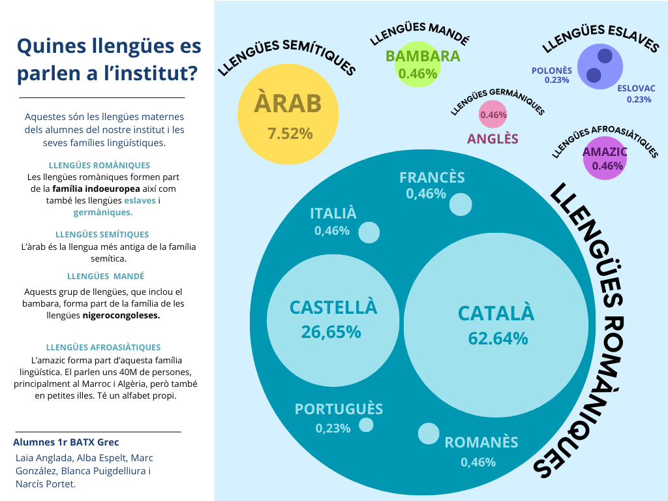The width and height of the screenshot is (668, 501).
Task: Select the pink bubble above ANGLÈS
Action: [x=493, y=115]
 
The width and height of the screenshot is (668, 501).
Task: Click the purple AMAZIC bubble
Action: [x=605, y=159]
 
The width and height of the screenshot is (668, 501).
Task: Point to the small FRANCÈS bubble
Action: [x=461, y=204]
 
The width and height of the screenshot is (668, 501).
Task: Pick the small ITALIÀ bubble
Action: [x=369, y=233]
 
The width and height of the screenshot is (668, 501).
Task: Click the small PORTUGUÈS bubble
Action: [x=366, y=425]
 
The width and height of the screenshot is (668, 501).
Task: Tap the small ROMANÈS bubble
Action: [x=429, y=434]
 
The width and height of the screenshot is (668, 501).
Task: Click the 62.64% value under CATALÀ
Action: [x=498, y=339]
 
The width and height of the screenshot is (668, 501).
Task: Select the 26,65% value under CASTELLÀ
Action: [x=331, y=332]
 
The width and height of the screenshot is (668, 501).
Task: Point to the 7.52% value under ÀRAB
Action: [x=290, y=134]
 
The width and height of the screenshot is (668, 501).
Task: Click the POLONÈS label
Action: [x=551, y=70]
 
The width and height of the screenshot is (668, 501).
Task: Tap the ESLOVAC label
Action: [x=636, y=87]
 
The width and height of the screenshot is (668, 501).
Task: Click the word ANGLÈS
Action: [x=493, y=139]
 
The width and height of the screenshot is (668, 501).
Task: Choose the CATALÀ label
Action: [x=496, y=313]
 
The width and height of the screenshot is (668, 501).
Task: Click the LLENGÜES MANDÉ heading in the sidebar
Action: [x=106, y=276]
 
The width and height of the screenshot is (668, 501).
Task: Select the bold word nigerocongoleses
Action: [x=121, y=316]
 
